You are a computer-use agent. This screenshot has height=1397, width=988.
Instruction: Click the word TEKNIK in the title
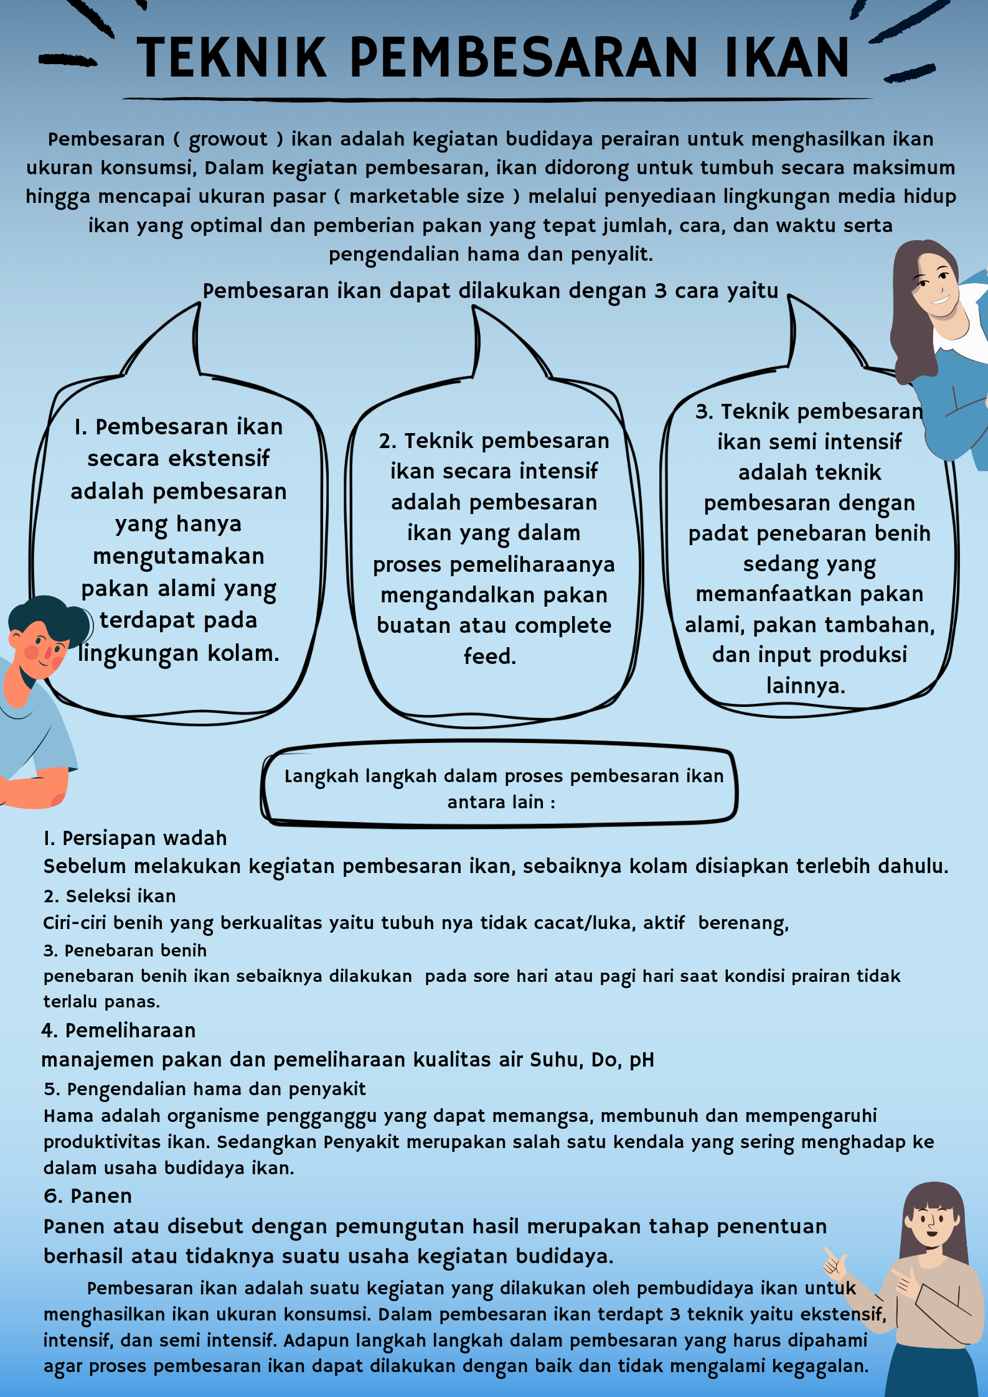tap(232, 58)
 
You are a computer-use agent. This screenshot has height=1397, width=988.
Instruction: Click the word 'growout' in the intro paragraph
tap(228, 139)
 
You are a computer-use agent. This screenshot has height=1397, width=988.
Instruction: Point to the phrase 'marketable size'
tap(426, 197)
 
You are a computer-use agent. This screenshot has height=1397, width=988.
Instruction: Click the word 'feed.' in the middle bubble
tap(490, 656)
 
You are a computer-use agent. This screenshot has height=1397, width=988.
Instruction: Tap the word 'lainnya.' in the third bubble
tap(806, 686)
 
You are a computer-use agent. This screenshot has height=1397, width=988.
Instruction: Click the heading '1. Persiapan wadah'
tap(135, 838)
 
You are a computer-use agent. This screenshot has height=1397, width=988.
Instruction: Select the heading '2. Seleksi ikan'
tap(110, 896)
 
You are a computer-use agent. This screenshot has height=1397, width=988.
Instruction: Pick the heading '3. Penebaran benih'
tap(125, 950)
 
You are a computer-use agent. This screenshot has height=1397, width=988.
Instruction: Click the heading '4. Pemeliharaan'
tap(118, 1030)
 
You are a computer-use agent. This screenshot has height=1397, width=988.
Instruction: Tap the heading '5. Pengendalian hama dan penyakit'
tap(204, 1089)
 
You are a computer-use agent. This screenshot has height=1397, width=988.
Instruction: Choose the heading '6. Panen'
tap(88, 1196)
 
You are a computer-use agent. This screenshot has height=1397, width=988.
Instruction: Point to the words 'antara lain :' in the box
tap(501, 802)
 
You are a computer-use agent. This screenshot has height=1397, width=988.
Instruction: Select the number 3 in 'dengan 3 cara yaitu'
tap(660, 291)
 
